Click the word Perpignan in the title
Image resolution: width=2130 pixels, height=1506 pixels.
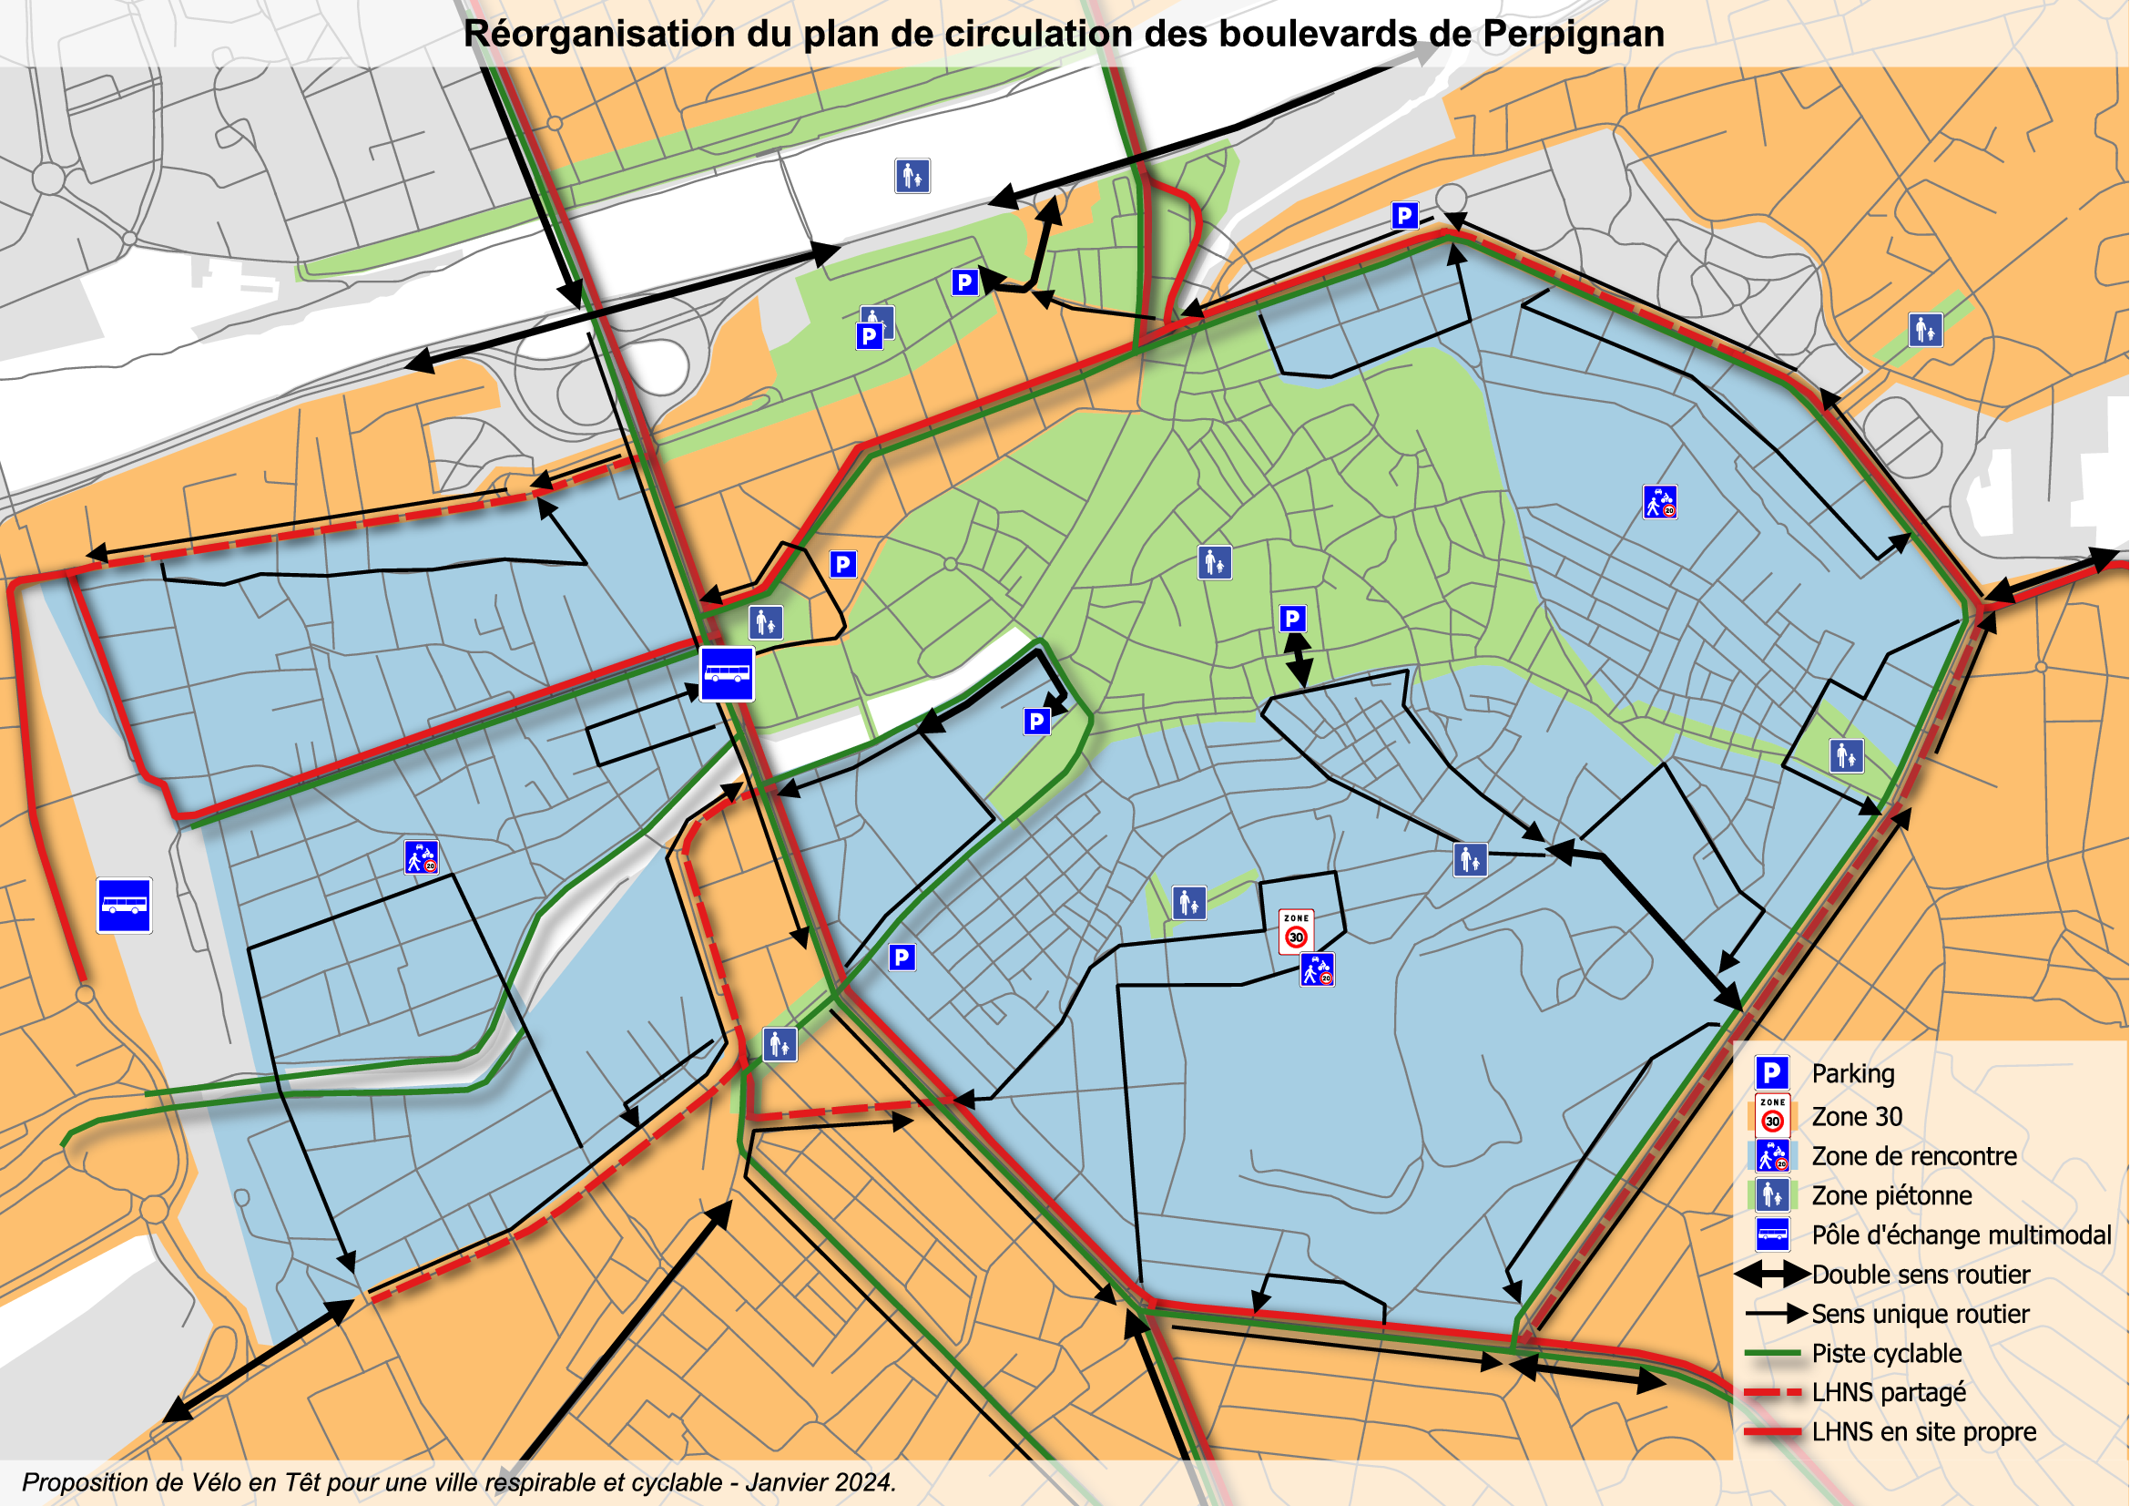pos(1574,35)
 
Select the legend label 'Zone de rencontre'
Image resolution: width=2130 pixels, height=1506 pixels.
pos(1914,1156)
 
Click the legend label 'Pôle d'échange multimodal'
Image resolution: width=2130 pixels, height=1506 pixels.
pos(1962,1235)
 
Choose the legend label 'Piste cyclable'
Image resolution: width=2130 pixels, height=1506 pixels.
pos(1886,1353)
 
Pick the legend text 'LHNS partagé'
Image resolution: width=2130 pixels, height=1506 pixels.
pos(1888,1392)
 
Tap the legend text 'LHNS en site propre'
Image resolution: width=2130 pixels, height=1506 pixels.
pos(1923,1432)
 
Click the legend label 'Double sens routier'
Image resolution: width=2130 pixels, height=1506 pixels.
pos(1921,1274)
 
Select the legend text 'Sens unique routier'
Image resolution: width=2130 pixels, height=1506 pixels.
pos(1920,1314)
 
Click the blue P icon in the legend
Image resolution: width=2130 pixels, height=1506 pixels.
pos(1772,1073)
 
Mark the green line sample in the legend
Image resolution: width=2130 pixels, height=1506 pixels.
pos(1772,1354)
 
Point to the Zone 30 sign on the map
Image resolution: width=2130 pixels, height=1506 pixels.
pos(1296,931)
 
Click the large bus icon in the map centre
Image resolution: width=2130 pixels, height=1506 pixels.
pos(727,673)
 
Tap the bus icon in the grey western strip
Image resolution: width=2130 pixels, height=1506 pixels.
pos(125,905)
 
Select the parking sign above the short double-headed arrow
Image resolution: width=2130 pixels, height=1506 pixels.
pos(1292,618)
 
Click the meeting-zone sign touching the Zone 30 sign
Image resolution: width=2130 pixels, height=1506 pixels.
pos(1318,969)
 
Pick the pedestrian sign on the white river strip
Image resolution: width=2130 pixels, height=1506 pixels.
pos(912,175)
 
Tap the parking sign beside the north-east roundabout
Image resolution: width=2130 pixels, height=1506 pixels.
pos(1404,216)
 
